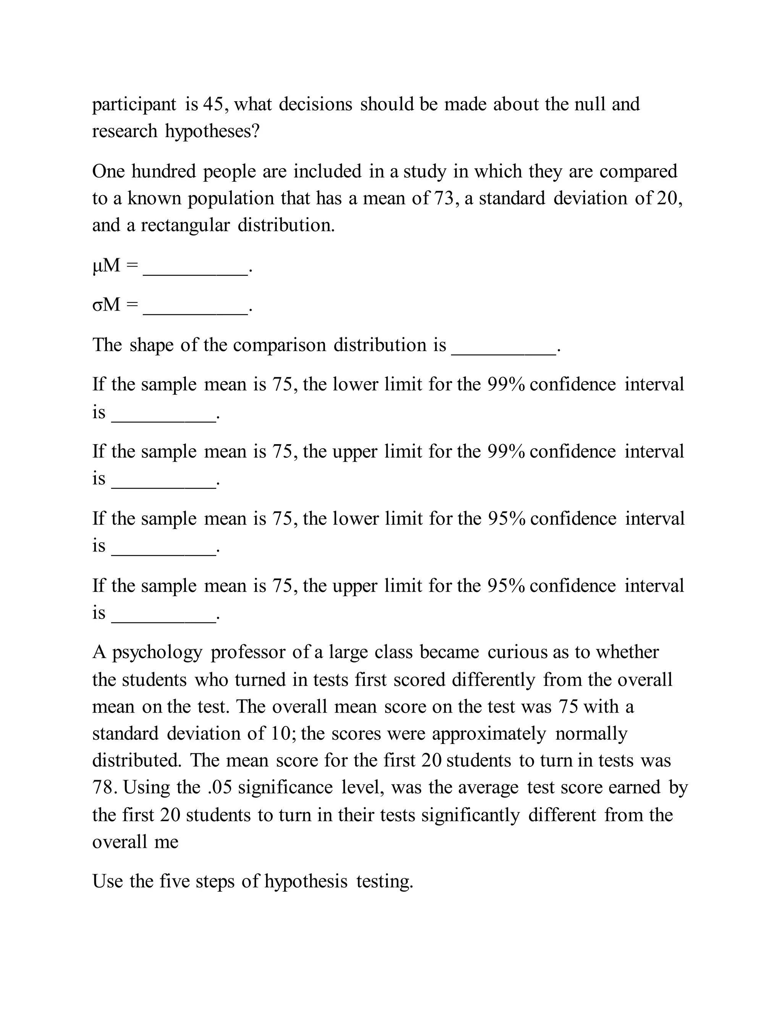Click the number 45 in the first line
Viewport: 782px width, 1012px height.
click(x=213, y=104)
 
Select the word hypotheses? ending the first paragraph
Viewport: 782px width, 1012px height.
click(x=212, y=132)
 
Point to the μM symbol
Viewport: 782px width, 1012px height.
click(x=106, y=265)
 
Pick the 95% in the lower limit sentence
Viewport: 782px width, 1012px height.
click(x=506, y=519)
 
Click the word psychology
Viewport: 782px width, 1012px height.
click(x=157, y=652)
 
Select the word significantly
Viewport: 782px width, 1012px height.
click(x=470, y=815)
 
